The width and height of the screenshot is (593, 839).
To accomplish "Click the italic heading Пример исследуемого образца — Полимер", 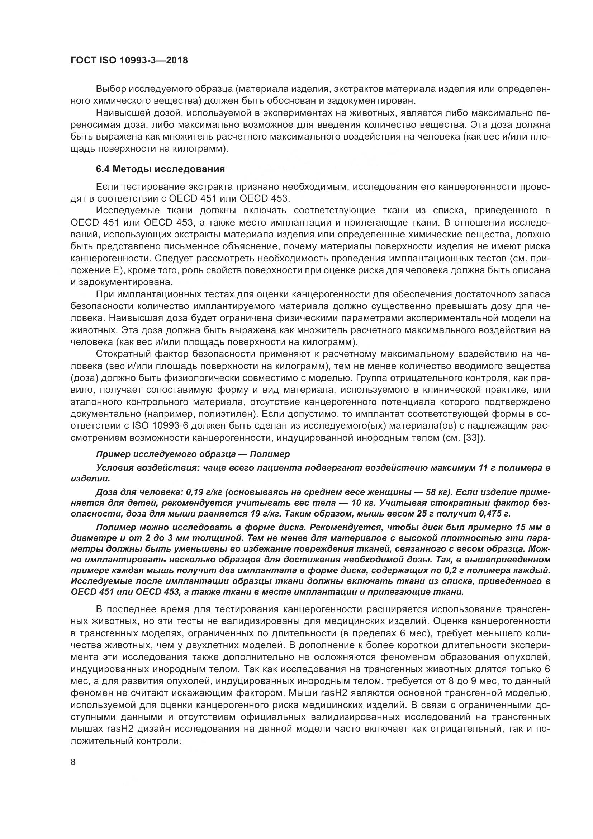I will [193, 454].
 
